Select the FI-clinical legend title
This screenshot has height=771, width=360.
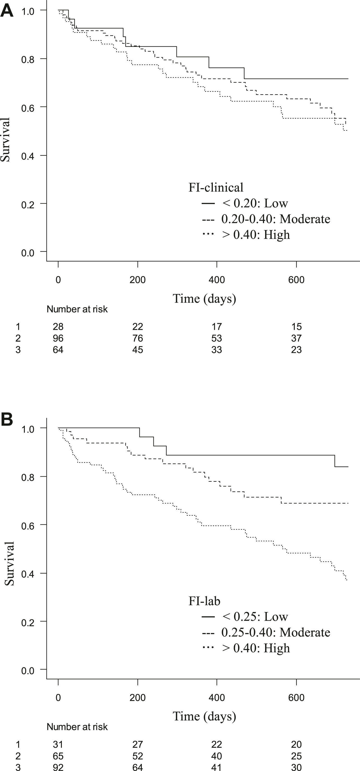[x=216, y=187]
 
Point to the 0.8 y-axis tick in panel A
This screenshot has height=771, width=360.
[x=28, y=59]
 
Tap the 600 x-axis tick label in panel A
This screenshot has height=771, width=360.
[x=296, y=280]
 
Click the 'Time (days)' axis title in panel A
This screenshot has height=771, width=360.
[x=204, y=298]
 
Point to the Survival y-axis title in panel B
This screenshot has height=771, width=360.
[x=9, y=563]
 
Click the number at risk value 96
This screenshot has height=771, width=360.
[x=58, y=338]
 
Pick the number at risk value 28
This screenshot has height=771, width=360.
[x=58, y=327]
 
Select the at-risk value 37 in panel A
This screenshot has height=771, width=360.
[x=296, y=338]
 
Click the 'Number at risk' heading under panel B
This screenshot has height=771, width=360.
[x=77, y=727]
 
